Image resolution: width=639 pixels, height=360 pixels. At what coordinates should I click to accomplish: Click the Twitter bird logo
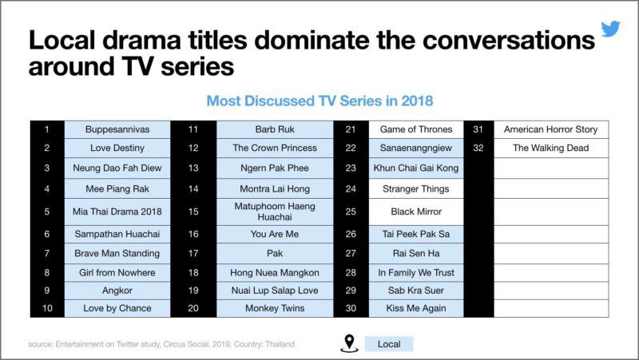610,29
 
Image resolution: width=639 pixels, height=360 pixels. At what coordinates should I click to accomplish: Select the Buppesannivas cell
117,129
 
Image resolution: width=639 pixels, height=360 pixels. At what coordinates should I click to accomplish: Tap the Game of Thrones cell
416,129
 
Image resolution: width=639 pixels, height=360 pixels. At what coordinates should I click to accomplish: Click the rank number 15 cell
193,212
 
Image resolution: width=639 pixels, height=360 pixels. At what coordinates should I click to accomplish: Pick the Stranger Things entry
416,189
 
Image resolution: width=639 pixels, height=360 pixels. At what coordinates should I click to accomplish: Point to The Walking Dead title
551,148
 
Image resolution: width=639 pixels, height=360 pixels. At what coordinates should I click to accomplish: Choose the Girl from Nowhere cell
117,272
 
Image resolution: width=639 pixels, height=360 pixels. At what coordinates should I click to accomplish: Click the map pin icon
349,343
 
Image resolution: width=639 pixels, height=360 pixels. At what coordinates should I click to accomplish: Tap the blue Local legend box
389,344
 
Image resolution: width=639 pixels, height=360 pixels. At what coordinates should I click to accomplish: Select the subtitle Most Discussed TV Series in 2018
319,101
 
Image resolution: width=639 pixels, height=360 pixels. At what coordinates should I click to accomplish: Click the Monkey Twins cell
275,308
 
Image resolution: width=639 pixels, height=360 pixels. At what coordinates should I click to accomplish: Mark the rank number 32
478,148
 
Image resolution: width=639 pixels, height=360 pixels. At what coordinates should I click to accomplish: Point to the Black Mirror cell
416,212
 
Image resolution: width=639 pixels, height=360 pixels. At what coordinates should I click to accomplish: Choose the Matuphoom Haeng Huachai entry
275,212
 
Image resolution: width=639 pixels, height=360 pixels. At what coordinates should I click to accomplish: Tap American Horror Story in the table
551,129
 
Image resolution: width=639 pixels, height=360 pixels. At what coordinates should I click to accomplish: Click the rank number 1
47,129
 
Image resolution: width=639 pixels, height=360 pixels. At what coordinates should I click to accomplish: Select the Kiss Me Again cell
416,308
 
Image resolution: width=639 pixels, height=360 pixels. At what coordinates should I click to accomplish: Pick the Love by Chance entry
117,308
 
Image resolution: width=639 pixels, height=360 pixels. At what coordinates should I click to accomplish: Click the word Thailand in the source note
280,344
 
